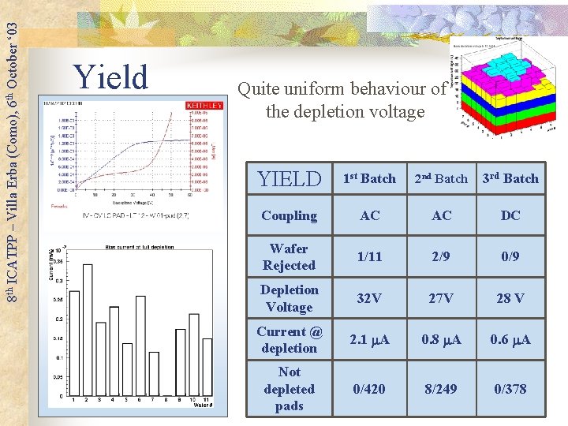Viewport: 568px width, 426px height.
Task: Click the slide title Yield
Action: tap(110, 77)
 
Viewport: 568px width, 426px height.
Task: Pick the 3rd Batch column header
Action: tap(510, 179)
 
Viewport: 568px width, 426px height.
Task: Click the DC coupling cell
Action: tap(510, 215)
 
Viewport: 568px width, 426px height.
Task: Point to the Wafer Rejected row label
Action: tap(289, 257)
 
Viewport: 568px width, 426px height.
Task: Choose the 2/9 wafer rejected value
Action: tap(441, 257)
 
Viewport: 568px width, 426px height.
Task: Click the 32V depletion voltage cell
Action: tap(368, 299)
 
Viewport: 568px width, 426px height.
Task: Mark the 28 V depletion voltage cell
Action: tap(510, 299)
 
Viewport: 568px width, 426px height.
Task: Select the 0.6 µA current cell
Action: tap(510, 340)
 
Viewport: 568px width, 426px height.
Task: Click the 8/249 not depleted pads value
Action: tap(441, 389)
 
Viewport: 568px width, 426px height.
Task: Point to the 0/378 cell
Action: tap(510, 389)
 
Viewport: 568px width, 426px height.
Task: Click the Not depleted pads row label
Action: tap(289, 389)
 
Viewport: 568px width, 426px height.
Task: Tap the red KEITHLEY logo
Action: tap(204, 105)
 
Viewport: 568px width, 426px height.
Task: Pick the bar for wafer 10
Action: tap(194, 354)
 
